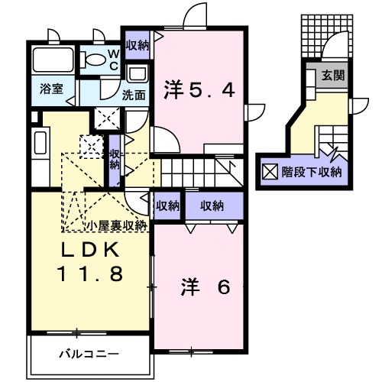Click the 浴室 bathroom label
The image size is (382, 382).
click(52, 89)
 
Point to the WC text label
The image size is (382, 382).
click(112, 60)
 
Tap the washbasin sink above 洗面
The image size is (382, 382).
click(138, 76)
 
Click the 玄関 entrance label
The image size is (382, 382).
click(332, 75)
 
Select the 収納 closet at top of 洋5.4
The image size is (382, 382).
click(138, 46)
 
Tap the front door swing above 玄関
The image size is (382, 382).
click(332, 49)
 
